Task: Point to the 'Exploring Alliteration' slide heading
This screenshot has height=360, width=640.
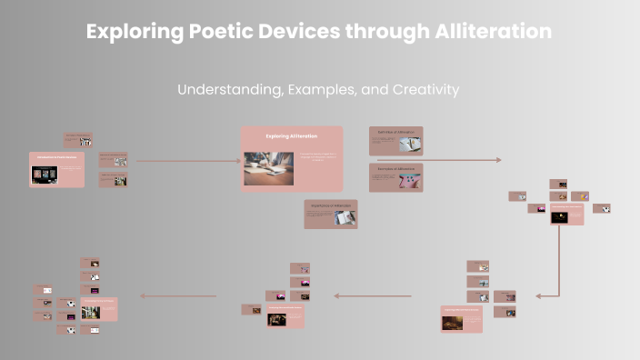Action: (x=292, y=136)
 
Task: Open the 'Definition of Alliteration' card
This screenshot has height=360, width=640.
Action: (x=395, y=140)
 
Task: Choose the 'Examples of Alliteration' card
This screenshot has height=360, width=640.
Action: (x=395, y=177)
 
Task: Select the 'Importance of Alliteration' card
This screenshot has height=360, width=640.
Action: (x=330, y=214)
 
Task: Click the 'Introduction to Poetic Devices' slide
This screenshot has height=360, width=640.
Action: (x=56, y=170)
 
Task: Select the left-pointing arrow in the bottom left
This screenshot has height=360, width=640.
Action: (x=177, y=295)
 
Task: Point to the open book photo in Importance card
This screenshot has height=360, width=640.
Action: (x=345, y=217)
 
